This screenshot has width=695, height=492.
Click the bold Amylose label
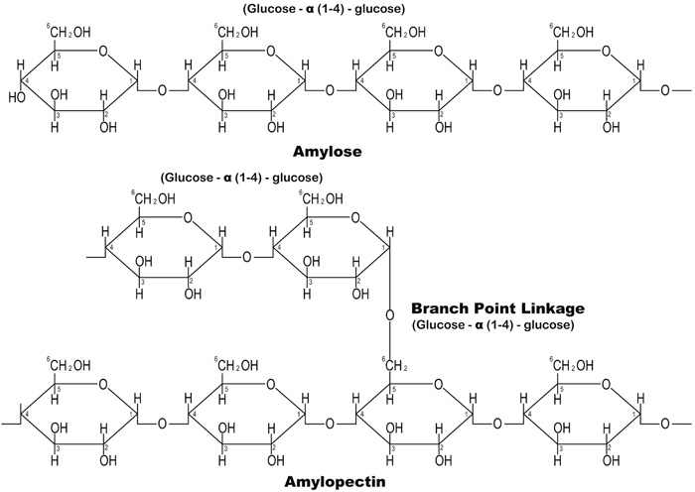pyautogui.click(x=329, y=153)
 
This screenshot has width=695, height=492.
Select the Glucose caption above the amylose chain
pyautogui.click(x=322, y=10)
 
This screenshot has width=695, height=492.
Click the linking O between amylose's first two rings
pyautogui.click(x=163, y=91)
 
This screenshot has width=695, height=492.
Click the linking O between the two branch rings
pyautogui.click(x=247, y=256)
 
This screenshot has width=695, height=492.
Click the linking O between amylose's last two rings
pyautogui.click(x=496, y=91)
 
